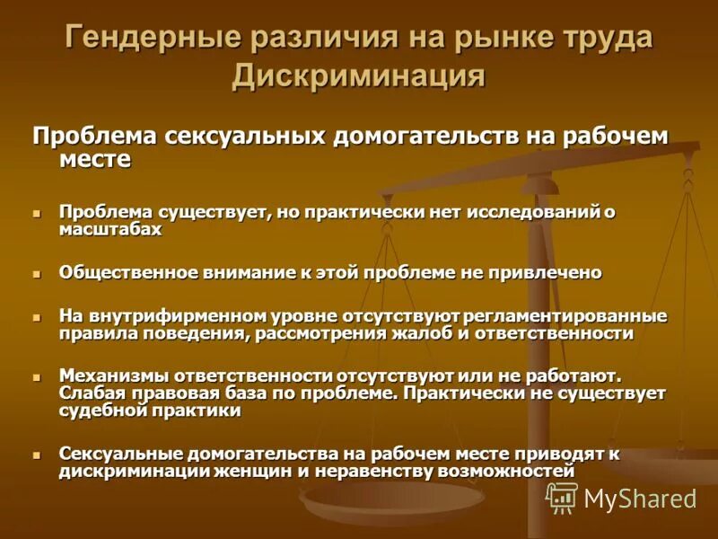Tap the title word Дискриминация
359,75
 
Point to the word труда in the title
605,39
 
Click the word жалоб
423,332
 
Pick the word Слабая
92,393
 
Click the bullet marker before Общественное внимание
38,272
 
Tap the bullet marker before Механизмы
38,376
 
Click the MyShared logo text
639,498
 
